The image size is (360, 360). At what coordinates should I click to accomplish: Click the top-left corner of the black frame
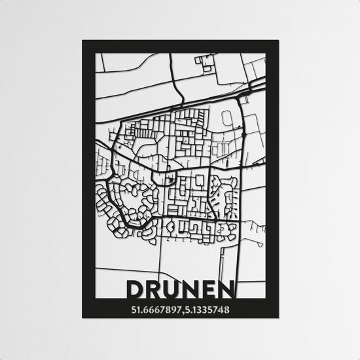coord(83,41)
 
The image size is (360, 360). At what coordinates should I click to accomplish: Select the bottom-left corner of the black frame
coord(83,318)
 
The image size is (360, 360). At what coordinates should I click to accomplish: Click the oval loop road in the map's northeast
coord(228,120)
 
